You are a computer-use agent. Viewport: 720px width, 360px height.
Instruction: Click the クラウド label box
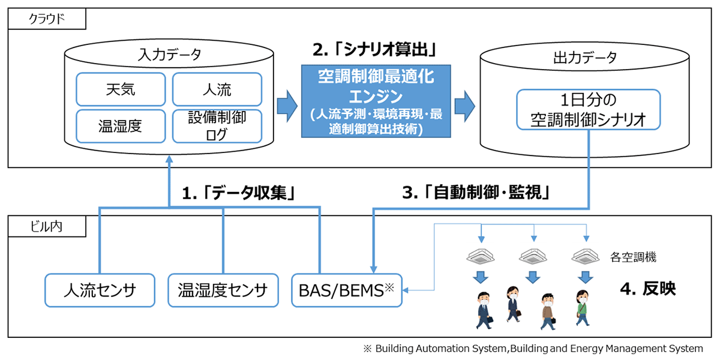(x=47, y=19)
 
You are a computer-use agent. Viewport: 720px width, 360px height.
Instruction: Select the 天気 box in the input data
(x=121, y=89)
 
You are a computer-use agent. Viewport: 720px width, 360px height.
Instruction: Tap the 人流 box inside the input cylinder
(x=217, y=89)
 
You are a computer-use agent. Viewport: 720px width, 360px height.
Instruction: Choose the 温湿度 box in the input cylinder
(x=121, y=126)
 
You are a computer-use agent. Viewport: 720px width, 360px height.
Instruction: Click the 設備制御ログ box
(x=217, y=126)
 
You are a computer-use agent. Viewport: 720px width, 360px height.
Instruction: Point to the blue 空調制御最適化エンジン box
(x=376, y=101)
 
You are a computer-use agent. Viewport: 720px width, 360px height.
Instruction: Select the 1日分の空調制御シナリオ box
(x=589, y=110)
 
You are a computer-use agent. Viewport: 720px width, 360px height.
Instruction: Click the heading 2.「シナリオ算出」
(x=375, y=50)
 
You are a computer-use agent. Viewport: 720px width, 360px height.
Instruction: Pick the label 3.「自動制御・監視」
(x=476, y=193)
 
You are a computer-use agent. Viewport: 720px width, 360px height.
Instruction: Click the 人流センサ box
(x=100, y=290)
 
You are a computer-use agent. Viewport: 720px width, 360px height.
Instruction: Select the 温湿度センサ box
(x=223, y=290)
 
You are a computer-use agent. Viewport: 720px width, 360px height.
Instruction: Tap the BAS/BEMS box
(x=347, y=290)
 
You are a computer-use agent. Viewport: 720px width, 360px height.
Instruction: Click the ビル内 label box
(x=47, y=226)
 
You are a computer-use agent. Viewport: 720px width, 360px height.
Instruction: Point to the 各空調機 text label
(x=633, y=257)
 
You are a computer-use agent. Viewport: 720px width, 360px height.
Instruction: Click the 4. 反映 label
(x=648, y=289)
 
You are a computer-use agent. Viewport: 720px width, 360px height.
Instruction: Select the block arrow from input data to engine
(x=287, y=106)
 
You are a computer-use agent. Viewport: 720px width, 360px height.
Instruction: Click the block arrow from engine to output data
(x=465, y=106)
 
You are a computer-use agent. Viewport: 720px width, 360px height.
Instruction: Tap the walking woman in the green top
(x=583, y=308)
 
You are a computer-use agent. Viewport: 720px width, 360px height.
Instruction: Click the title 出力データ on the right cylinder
(x=585, y=58)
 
